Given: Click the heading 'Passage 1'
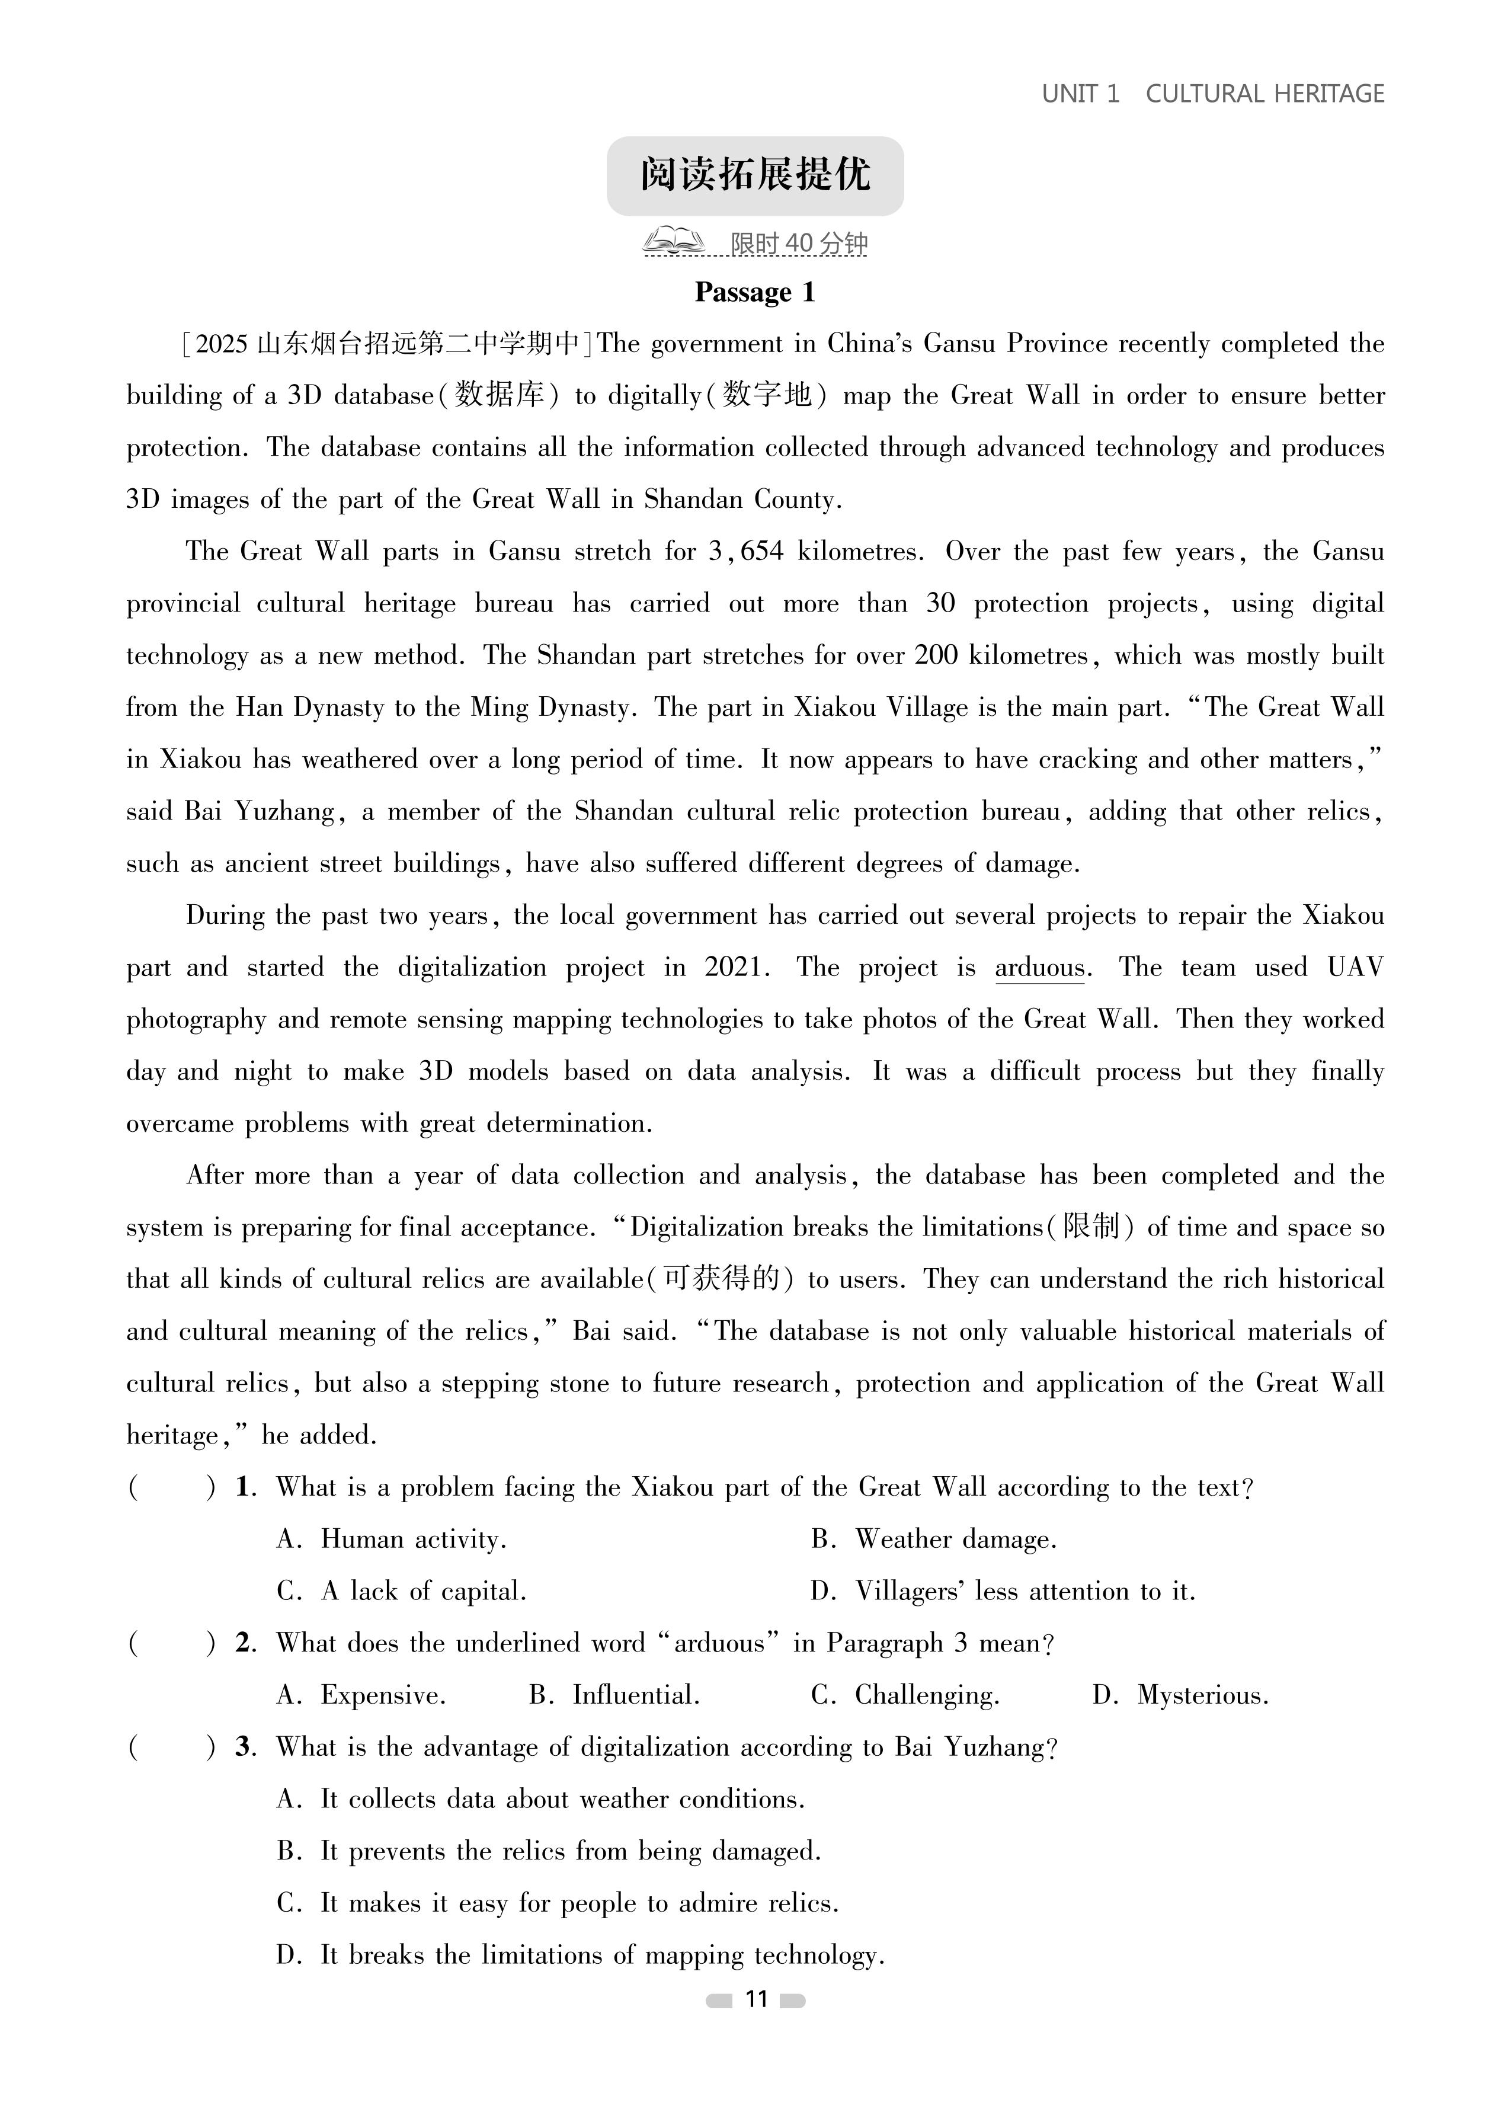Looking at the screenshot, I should coord(754,293).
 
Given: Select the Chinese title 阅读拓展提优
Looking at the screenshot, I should coord(754,175).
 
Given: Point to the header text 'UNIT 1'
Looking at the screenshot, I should coord(1080,94).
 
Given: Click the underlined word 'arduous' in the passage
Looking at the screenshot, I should coord(1039,968).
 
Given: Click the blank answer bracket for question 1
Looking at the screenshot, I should coord(172,1487).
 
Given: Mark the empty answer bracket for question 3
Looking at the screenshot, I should coord(172,1747).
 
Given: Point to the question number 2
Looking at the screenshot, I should coord(244,1644).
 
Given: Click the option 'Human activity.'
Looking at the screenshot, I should coord(412,1540).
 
